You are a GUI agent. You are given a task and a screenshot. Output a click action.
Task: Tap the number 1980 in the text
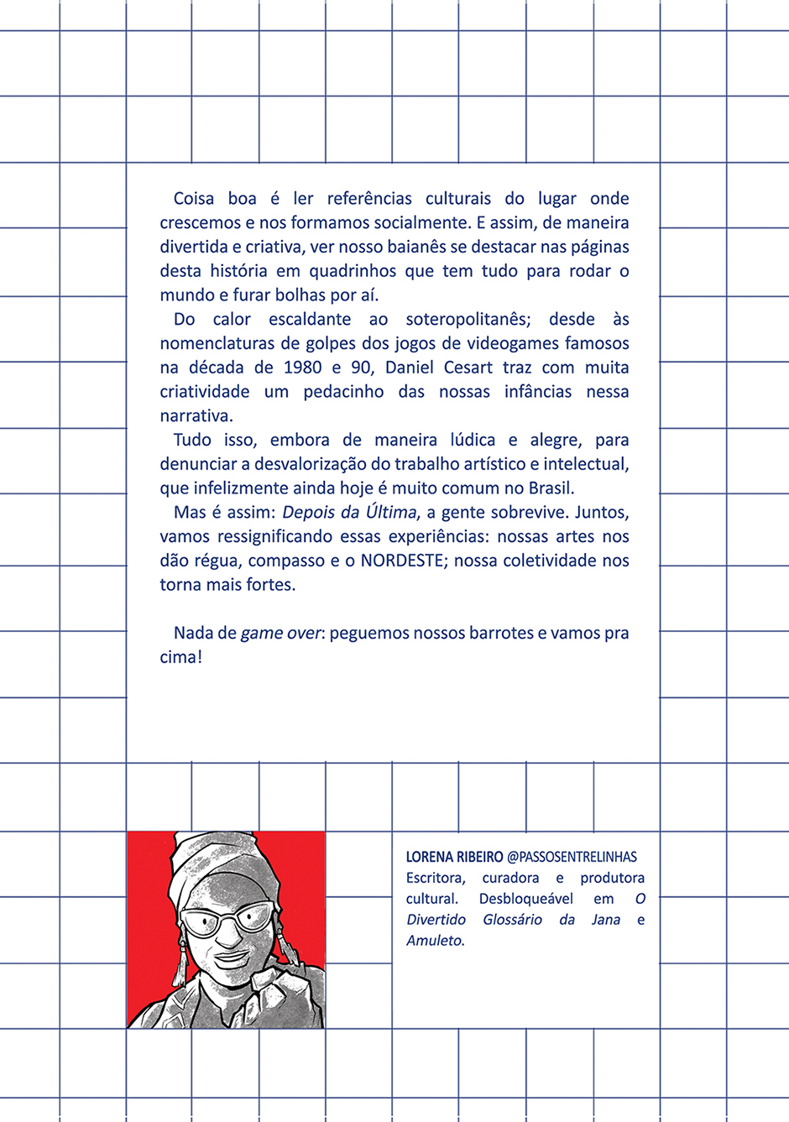click(x=303, y=368)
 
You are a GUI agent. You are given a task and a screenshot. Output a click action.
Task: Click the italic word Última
click(x=391, y=513)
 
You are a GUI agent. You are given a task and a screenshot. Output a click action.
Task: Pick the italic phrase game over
click(x=280, y=634)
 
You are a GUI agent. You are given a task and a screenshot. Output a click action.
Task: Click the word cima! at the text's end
click(x=181, y=657)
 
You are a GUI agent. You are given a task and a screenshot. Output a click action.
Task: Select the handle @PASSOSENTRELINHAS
click(x=572, y=857)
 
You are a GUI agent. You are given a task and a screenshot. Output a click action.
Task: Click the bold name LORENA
click(x=431, y=857)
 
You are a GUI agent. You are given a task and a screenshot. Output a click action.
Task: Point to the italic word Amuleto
click(x=435, y=941)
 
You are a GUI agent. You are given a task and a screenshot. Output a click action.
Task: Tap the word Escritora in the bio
click(x=436, y=878)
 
